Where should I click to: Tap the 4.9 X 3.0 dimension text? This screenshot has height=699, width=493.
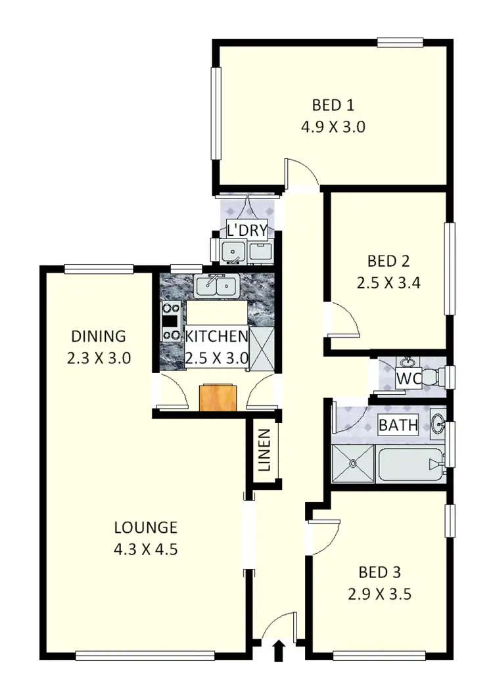tap(333, 127)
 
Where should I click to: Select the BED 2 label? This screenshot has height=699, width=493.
tap(388, 261)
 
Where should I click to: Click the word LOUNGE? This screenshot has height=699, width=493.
tap(145, 527)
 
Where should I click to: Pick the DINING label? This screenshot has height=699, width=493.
tap(98, 336)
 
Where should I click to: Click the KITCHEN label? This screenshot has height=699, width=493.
tap(216, 337)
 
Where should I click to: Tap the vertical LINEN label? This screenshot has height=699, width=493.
tap(264, 451)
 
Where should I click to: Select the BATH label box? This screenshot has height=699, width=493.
tap(398, 425)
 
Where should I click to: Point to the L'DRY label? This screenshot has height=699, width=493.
tap(246, 230)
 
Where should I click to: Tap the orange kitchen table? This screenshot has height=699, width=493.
tap(217, 397)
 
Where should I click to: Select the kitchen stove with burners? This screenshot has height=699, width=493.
tap(172, 321)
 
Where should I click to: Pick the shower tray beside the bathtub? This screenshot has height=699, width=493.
tap(353, 464)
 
